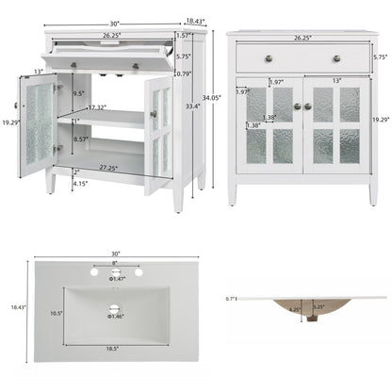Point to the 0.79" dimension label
183,73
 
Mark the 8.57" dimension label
82,139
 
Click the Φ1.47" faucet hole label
118,280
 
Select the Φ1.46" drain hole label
118,316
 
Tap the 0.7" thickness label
232,298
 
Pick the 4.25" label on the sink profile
295,308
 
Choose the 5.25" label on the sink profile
318,307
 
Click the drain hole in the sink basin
117,306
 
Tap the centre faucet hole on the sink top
117,271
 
